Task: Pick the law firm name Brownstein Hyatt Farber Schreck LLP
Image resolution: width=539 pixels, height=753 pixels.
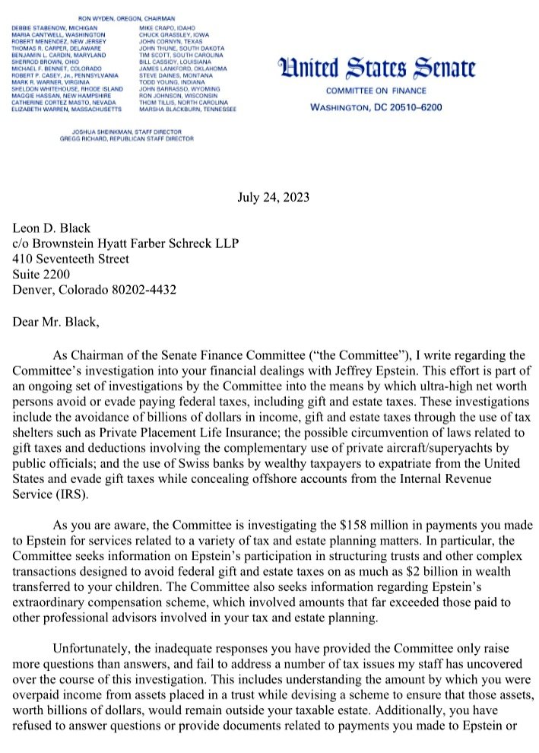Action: click(x=141, y=243)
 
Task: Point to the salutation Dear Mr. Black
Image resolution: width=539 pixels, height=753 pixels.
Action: click(x=56, y=322)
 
